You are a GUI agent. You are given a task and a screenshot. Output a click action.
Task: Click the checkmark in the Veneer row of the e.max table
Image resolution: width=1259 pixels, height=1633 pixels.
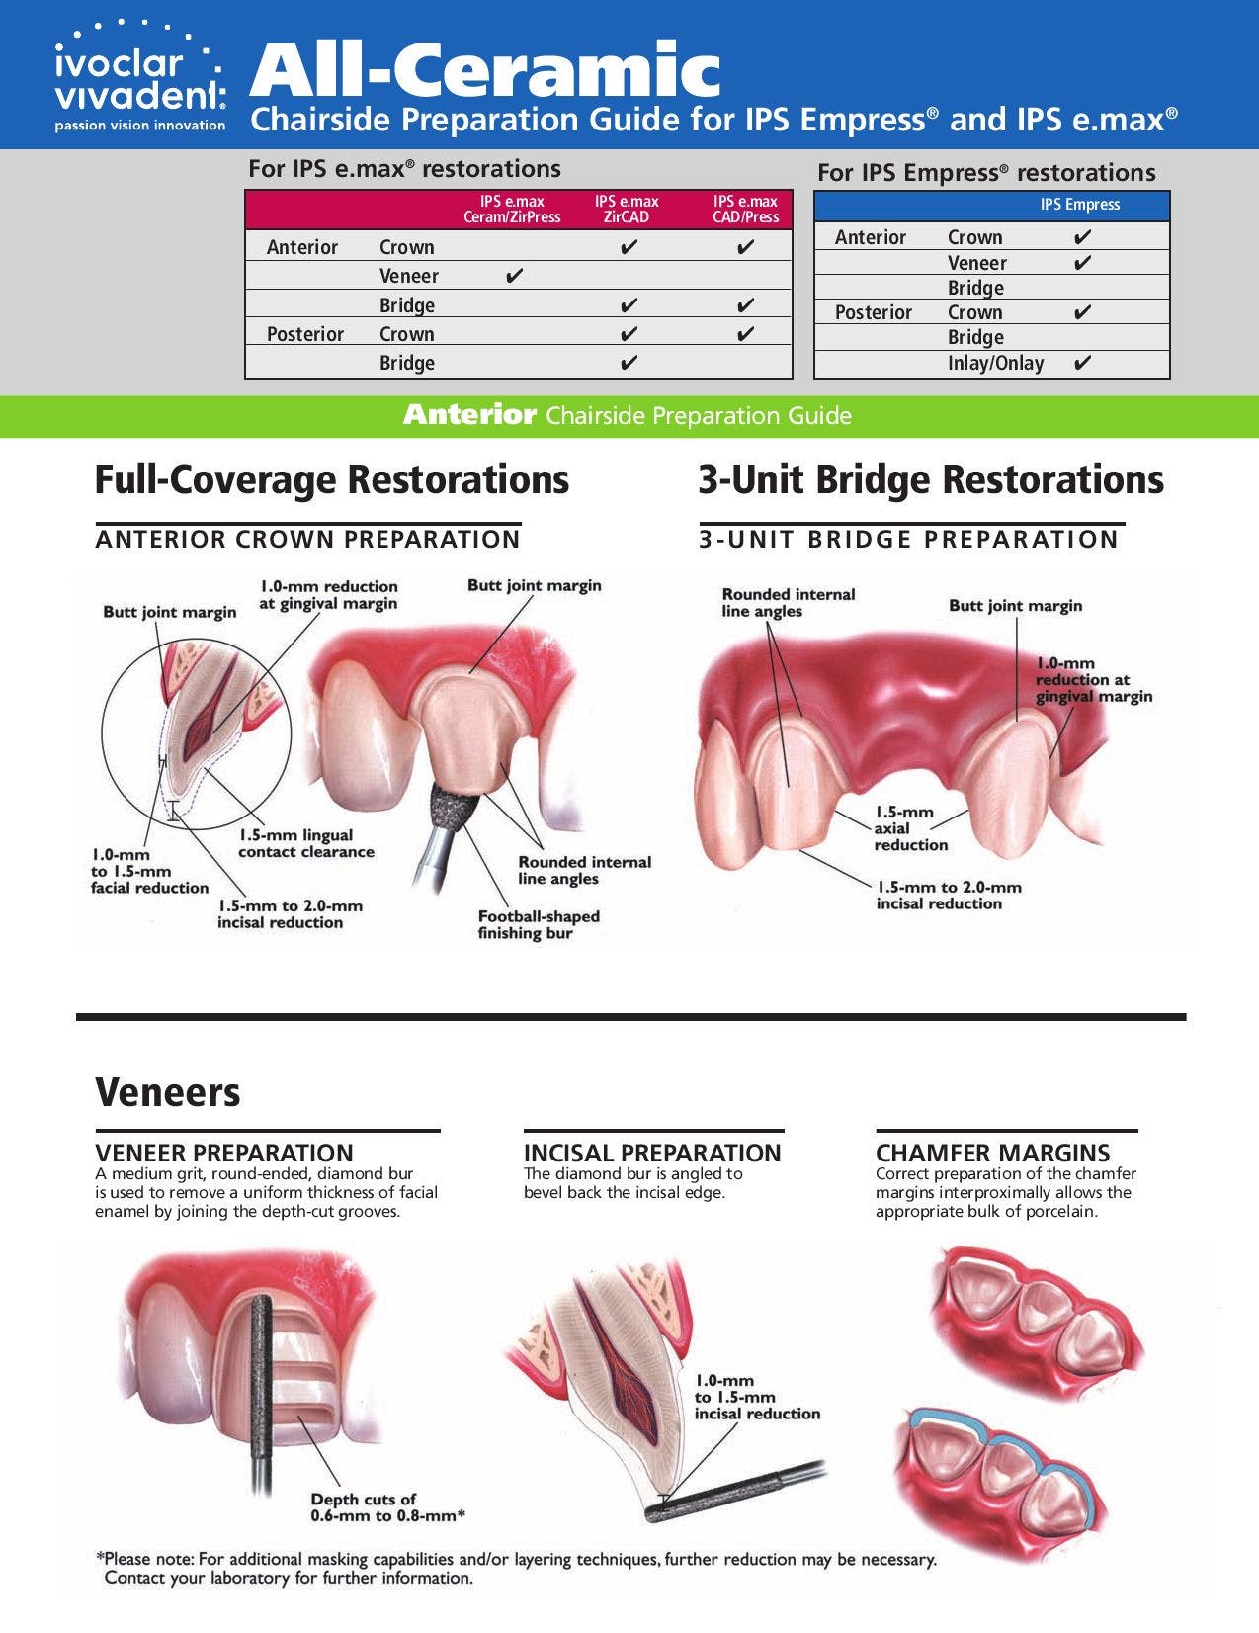tap(514, 275)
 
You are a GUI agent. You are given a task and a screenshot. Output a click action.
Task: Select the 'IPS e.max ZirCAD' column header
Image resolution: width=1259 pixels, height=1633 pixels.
tap(627, 209)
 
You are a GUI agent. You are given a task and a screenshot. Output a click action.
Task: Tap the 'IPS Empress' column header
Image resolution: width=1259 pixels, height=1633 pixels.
tap(1079, 205)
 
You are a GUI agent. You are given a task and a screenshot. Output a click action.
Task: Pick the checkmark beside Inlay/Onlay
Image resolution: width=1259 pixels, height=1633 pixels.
tap(1082, 363)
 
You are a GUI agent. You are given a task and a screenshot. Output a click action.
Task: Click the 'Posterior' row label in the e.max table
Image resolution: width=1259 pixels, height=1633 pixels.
tap(305, 334)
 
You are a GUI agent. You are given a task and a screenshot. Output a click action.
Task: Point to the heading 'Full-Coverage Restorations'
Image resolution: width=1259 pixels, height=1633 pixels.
tap(331, 479)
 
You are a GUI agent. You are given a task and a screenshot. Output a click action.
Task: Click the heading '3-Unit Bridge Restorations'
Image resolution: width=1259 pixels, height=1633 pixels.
tap(931, 479)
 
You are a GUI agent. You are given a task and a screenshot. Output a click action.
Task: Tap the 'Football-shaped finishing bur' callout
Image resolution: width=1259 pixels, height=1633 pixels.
tap(539, 924)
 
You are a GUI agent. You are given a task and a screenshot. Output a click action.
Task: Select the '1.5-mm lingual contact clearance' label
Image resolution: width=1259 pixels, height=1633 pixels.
tap(305, 843)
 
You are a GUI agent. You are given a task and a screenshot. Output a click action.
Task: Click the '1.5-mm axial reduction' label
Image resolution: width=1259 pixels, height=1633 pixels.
tap(910, 828)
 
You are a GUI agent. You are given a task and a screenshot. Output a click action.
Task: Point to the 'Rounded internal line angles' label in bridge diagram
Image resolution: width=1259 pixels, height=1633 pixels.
tap(788, 602)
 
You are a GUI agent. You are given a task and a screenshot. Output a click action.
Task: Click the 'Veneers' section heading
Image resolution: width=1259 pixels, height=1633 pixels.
tap(168, 1092)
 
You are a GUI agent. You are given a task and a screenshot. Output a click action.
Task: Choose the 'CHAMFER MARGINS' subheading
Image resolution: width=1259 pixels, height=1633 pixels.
tap(992, 1153)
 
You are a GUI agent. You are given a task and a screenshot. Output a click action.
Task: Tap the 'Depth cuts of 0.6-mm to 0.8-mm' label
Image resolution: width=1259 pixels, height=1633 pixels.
tap(387, 1506)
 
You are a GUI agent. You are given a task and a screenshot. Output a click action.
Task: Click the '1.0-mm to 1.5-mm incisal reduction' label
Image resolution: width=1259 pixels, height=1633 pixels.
tap(756, 1397)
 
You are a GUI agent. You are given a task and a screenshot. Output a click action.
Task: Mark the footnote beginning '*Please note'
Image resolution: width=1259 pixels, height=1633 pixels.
tap(514, 1568)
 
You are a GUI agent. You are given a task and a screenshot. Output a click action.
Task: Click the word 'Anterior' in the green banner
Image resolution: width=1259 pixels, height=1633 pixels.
tap(469, 415)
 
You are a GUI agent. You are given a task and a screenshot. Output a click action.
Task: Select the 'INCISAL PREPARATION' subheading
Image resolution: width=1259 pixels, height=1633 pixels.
tap(651, 1153)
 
